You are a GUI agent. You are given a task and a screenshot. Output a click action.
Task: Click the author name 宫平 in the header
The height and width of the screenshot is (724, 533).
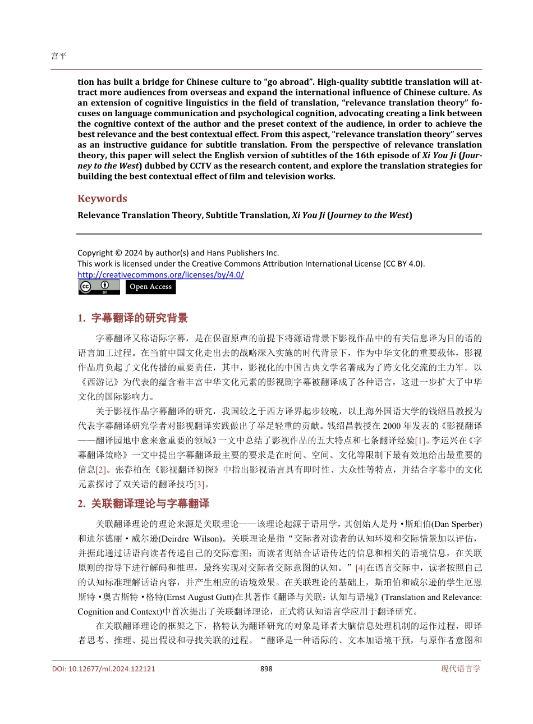point(58,56)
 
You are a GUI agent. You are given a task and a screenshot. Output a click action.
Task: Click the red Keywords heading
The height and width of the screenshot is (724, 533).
point(102,198)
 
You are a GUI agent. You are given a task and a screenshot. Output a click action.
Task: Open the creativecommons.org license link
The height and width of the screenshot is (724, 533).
point(160,274)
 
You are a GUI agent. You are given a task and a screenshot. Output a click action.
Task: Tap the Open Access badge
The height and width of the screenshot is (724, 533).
point(150,287)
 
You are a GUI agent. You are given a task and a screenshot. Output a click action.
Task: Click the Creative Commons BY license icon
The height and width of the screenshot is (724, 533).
point(99,287)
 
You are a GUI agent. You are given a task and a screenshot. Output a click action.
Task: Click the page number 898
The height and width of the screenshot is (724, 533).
point(266,668)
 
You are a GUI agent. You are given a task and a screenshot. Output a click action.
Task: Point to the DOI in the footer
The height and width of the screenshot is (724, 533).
point(103,668)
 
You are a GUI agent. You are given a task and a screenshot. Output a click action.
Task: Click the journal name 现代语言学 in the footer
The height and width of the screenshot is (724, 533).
point(461,668)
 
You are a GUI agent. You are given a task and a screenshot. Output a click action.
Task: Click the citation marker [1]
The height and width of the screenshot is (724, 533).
point(420,441)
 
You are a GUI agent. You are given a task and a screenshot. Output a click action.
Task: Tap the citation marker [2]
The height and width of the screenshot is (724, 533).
point(101,470)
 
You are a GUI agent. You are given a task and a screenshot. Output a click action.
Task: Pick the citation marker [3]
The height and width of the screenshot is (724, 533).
point(200,484)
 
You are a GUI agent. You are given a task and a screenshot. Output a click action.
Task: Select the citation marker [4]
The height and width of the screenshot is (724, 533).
point(361,568)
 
